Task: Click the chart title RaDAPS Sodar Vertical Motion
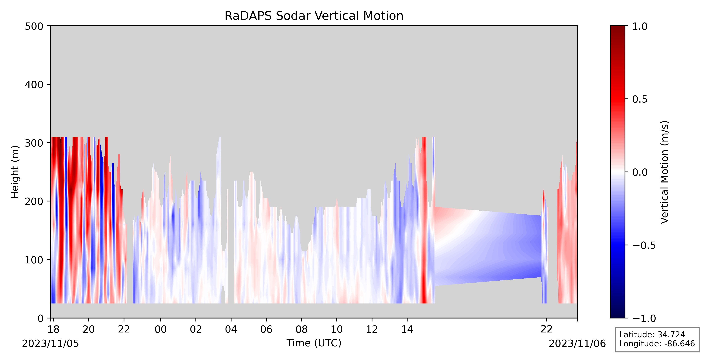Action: tap(314, 16)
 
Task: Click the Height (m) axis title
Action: tap(15, 172)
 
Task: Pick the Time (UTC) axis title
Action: tap(314, 343)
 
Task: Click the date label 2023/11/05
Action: tap(51, 343)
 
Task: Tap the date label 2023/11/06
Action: tap(577, 343)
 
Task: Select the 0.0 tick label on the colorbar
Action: tap(640, 172)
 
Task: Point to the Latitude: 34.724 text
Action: tap(652, 335)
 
